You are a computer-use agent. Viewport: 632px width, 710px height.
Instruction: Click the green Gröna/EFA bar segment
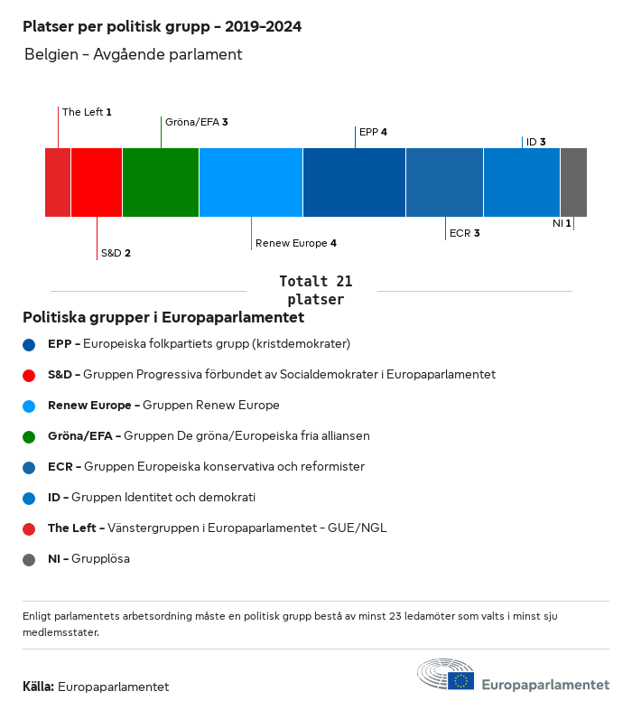point(161,182)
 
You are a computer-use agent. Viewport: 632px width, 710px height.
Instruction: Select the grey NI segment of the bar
point(573,182)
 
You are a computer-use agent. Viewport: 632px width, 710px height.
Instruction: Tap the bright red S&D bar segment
point(97,182)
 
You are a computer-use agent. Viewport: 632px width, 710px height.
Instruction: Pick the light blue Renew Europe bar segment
point(251,182)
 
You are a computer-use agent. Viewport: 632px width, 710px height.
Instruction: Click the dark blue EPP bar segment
point(354,182)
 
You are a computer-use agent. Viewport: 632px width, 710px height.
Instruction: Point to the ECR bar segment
point(444,182)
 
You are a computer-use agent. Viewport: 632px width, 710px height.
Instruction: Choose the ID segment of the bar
point(522,182)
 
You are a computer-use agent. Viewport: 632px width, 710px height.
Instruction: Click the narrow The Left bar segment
point(58,182)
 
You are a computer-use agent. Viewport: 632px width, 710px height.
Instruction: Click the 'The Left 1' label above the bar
point(87,112)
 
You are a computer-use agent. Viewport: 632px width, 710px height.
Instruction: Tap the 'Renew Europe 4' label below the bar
point(296,243)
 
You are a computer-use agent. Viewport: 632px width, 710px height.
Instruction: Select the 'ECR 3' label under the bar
point(464,233)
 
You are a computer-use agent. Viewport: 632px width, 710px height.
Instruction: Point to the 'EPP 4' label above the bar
point(373,132)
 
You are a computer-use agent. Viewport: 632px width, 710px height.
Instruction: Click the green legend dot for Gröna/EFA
point(29,436)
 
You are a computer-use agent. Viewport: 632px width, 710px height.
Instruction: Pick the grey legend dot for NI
point(29,559)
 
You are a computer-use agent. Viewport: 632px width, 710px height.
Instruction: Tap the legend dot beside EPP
point(29,344)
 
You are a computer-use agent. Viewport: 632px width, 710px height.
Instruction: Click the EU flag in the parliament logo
point(462,680)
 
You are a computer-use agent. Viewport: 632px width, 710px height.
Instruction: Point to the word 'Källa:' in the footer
point(38,687)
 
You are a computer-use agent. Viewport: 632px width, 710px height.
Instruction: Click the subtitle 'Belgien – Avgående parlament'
point(134,54)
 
